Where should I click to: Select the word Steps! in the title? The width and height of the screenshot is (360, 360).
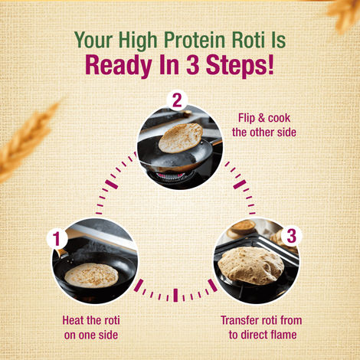[x=237, y=65]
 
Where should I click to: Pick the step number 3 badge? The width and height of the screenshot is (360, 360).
[x=290, y=235]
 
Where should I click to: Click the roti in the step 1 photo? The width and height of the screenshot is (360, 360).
[x=91, y=275]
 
